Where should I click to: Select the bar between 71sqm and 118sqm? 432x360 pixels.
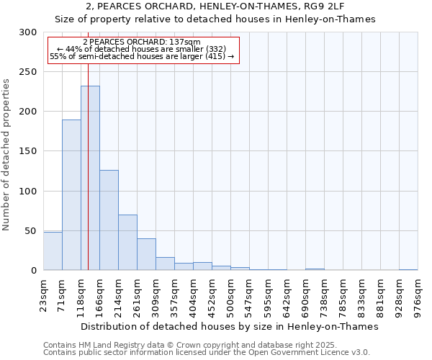71,194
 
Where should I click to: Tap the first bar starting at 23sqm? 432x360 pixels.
53,251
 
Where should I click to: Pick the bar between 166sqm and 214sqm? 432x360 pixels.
109,220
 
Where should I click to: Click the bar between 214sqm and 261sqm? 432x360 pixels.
127,242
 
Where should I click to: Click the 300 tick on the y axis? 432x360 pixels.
28,32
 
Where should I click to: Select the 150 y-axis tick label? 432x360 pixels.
28,151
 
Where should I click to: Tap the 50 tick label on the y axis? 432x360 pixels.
31,231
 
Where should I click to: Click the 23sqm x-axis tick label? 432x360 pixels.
44,293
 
